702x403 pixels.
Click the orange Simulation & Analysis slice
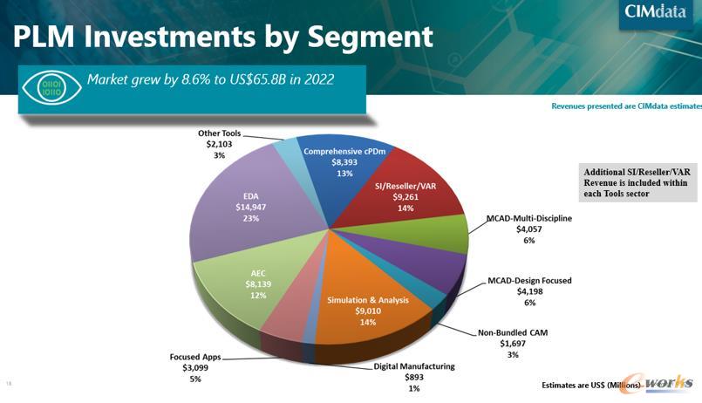click(x=367, y=310)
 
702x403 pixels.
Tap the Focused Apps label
click(x=194, y=357)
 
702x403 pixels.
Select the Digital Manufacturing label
click(x=413, y=366)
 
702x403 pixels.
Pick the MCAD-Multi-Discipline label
click(x=528, y=218)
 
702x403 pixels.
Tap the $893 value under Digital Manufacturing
click(x=413, y=377)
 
